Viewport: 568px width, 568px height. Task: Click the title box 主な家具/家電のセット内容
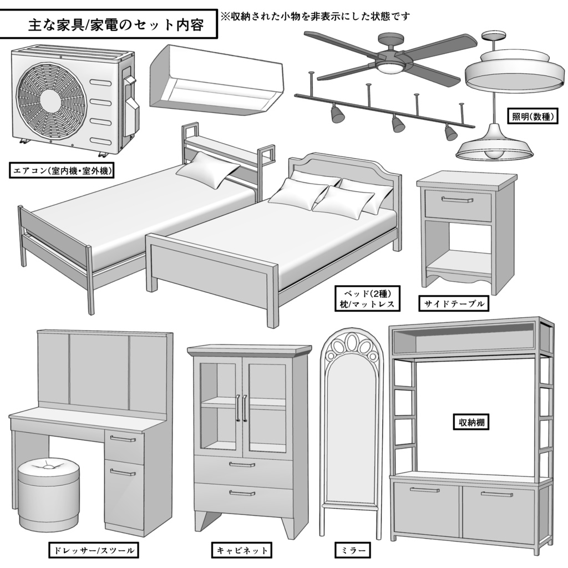click(x=108, y=24)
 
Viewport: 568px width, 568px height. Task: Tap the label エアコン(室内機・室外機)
click(x=62, y=171)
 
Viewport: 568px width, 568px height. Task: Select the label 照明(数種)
click(x=533, y=117)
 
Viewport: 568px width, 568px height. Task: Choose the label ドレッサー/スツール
click(x=93, y=551)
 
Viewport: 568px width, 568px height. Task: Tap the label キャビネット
click(x=242, y=551)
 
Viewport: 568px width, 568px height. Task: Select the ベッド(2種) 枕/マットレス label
click(x=367, y=298)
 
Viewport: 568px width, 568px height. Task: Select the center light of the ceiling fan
click(x=390, y=67)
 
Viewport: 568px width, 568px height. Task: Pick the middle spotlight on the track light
click(x=397, y=124)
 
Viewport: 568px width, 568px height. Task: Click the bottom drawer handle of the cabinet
click(x=242, y=493)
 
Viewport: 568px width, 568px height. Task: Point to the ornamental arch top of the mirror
click(x=351, y=347)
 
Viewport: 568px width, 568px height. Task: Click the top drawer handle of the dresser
click(x=123, y=439)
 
